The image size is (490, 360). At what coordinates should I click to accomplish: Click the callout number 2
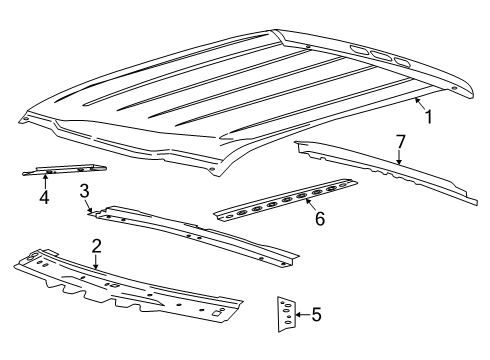click(96, 246)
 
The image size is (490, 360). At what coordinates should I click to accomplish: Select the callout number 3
click(86, 190)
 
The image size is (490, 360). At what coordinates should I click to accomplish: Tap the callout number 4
click(44, 196)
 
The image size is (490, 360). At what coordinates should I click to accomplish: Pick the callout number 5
click(316, 315)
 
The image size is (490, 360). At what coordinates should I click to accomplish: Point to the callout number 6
click(319, 217)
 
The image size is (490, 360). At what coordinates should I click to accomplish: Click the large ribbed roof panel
click(240, 95)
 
